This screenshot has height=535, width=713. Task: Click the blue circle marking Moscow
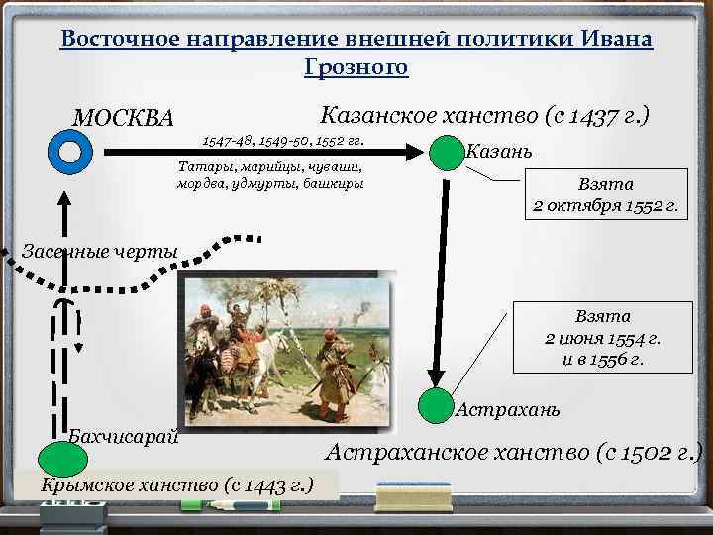point(69,152)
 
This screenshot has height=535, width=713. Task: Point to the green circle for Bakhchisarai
point(62,459)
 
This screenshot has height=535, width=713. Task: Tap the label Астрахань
point(508,409)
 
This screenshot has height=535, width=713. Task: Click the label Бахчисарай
point(123,437)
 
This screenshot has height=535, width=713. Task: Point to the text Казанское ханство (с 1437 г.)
point(485,116)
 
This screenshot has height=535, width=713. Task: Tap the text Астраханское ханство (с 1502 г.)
point(514,453)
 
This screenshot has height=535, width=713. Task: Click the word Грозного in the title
point(356,68)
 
